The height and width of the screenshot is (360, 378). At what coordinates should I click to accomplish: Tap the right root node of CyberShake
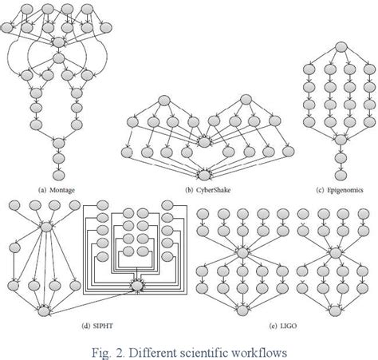click(x=249, y=101)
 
